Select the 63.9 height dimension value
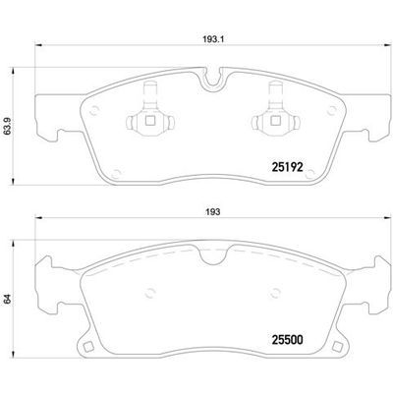coord(11,127)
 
